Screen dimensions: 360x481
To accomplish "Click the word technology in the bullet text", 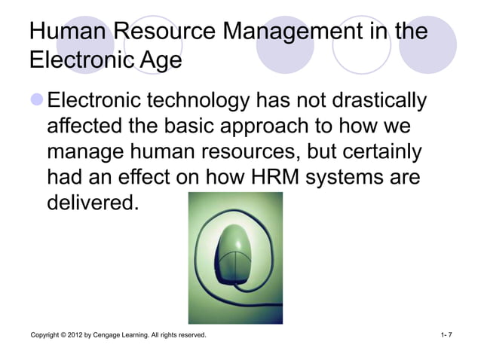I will (x=200, y=100).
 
